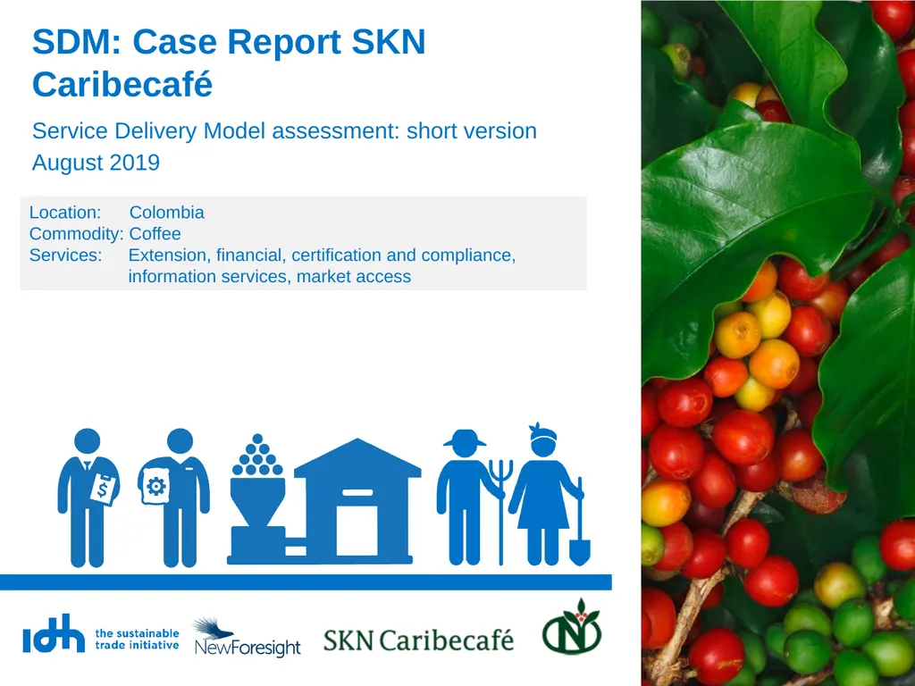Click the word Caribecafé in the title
122,85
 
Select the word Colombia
166,213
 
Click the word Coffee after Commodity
155,234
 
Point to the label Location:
65,213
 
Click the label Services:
65,255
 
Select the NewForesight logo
247,638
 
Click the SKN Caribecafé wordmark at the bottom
418,640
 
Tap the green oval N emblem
572,629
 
